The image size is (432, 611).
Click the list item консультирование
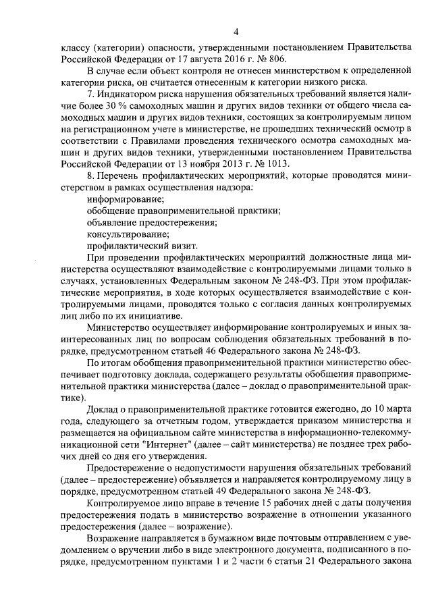click(x=128, y=234)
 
